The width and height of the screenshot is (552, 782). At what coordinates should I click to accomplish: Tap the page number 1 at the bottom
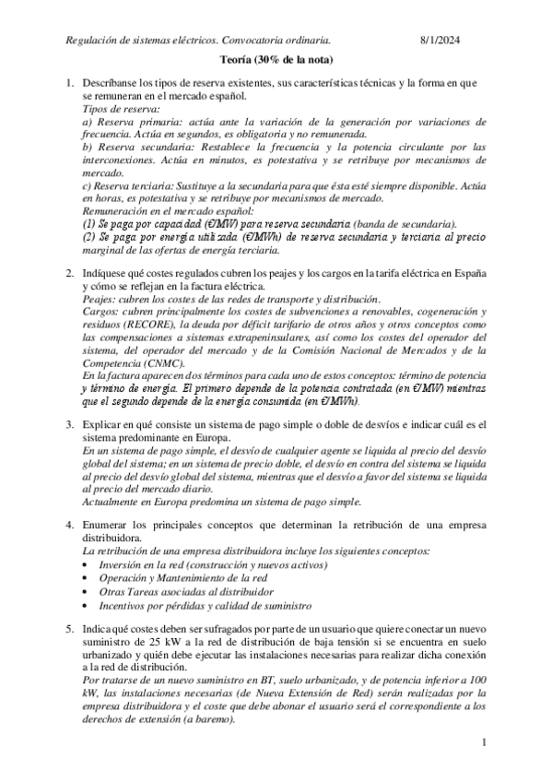tap(483, 741)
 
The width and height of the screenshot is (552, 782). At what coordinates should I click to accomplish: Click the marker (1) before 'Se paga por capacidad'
tap(89, 223)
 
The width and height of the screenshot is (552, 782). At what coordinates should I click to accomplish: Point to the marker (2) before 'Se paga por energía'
tap(89, 236)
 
